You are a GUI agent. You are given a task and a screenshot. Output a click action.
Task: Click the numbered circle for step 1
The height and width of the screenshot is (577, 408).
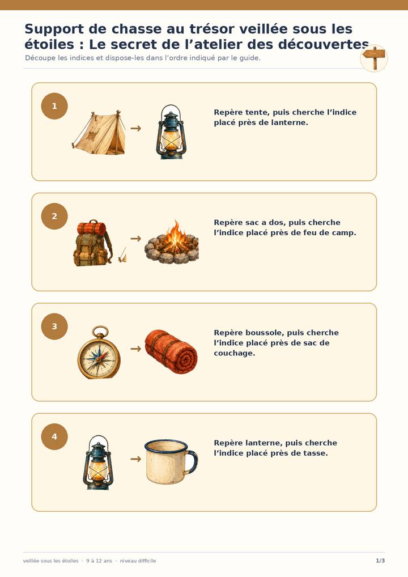click(54, 106)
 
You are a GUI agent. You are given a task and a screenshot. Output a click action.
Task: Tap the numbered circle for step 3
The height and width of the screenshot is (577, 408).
click(54, 326)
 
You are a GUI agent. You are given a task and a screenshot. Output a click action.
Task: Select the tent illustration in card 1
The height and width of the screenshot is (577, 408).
click(99, 133)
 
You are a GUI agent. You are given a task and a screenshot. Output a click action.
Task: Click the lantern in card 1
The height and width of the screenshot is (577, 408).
click(171, 131)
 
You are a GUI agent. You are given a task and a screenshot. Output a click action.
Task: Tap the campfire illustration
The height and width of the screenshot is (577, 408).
click(172, 242)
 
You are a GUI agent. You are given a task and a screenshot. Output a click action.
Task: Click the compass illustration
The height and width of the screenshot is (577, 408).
click(99, 353)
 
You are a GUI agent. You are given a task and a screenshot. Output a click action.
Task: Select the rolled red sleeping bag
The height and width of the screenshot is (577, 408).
click(171, 352)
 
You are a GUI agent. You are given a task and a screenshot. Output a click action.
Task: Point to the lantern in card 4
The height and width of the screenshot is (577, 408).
click(98, 463)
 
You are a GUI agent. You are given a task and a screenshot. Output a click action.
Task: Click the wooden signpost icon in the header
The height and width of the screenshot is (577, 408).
click(374, 58)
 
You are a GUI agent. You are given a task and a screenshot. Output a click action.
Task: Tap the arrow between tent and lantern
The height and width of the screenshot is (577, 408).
click(136, 128)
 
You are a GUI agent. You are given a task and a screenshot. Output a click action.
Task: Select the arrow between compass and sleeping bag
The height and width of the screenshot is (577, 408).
click(136, 349)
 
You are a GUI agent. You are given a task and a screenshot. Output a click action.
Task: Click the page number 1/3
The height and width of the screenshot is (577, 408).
click(380, 561)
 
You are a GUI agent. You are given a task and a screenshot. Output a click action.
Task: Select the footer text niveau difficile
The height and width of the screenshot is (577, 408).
click(138, 561)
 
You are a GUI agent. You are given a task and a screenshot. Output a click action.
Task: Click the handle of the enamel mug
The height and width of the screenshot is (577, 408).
click(192, 461)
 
